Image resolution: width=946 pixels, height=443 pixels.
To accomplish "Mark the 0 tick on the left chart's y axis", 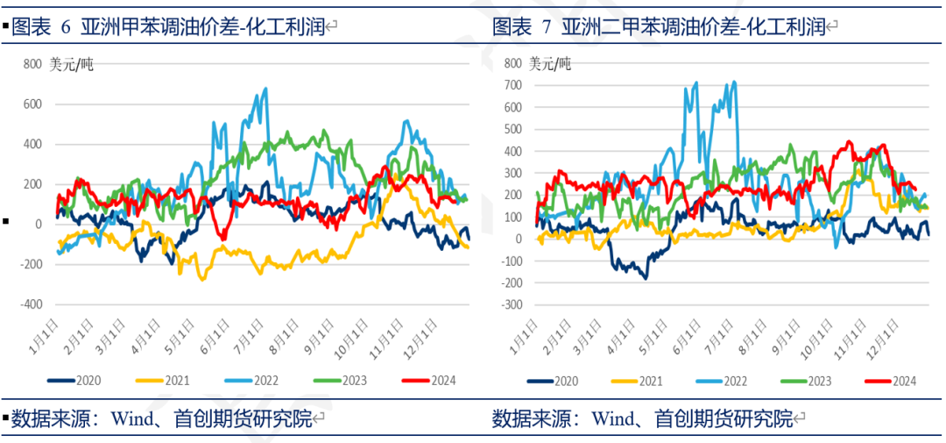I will [38, 225].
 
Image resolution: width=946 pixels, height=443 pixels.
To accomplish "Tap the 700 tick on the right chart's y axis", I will [512, 85].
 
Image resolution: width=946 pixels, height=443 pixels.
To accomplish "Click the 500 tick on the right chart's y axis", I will [512, 129].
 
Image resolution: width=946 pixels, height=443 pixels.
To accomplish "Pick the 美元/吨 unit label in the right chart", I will [550, 63].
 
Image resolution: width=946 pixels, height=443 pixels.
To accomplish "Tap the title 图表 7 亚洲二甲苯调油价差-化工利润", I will [659, 27].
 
